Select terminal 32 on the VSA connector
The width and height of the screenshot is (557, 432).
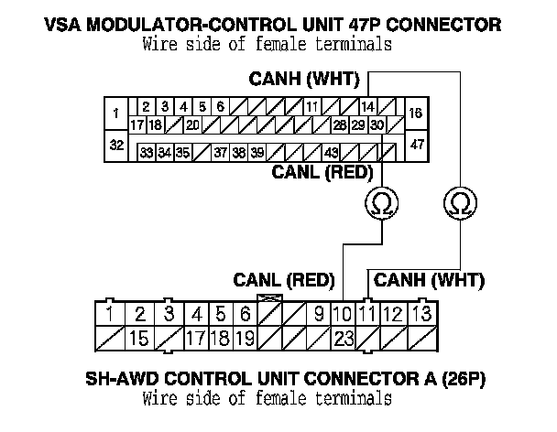[x=117, y=146]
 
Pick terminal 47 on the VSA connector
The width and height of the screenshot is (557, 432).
[x=417, y=146]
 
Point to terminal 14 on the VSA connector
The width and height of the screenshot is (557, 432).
[x=367, y=107]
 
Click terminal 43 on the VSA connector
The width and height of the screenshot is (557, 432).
[x=332, y=152]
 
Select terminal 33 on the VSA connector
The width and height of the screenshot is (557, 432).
[x=146, y=152]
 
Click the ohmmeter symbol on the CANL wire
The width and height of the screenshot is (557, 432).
[x=378, y=202]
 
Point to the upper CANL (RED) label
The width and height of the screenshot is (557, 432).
[x=312, y=171]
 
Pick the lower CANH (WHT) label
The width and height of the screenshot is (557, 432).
[x=430, y=279]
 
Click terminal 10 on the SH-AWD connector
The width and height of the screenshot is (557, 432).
[x=344, y=315]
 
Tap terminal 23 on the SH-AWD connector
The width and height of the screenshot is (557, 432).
[x=344, y=339]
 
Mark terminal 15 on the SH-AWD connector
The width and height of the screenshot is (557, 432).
[x=139, y=339]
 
